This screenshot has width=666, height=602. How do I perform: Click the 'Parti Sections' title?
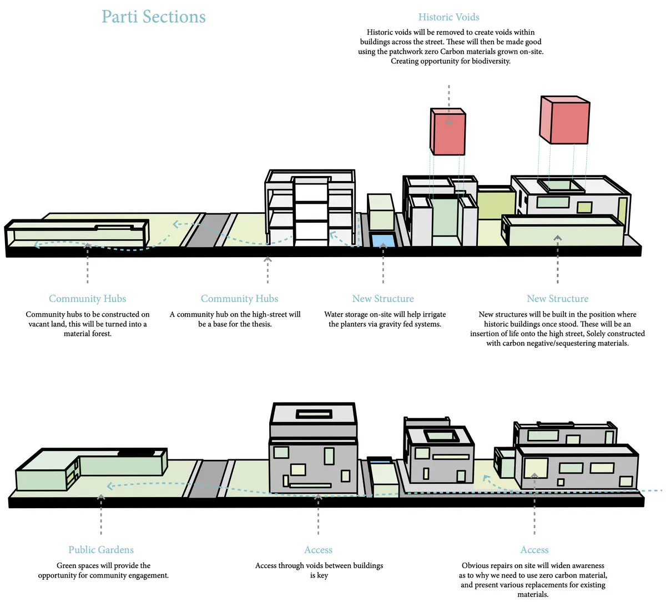pos(154,17)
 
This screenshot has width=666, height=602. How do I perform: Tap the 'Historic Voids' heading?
pos(448,17)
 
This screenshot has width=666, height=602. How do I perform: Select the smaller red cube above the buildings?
pos(448,131)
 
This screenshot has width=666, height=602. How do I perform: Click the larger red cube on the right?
pos(564,120)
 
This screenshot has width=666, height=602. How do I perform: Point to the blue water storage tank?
pos(383,241)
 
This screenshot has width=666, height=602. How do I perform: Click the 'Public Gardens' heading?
pos(101,550)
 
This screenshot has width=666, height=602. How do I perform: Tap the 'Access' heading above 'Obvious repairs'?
pos(534,550)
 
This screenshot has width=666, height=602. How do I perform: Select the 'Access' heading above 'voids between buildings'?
pos(319,550)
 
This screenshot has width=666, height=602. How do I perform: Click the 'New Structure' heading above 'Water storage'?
pos(383,299)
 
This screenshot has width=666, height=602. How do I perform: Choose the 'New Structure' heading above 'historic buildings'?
pos(558,299)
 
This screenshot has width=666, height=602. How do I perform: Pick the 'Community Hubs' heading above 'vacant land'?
pos(88,299)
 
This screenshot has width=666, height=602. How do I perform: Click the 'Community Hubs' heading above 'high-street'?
pos(240,299)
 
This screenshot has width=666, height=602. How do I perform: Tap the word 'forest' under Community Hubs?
pos(100,334)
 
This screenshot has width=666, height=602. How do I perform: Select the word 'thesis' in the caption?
pos(259,324)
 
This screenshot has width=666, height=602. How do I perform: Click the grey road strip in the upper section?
pos(206,230)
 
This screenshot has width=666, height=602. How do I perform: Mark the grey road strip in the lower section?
pos(208,479)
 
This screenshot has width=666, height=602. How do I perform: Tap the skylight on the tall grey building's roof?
pos(314,414)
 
